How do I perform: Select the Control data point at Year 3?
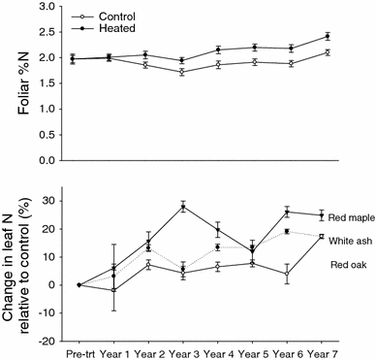182,73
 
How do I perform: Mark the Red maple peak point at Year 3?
182,207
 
